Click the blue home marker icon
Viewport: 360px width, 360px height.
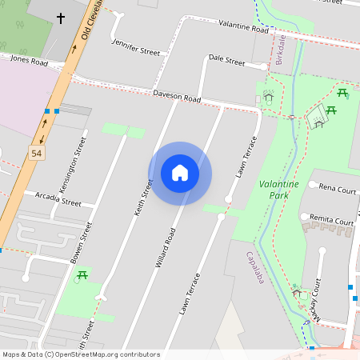180,173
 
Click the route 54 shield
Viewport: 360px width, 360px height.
36,153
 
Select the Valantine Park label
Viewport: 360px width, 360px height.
278,190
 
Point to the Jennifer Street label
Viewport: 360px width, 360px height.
135,46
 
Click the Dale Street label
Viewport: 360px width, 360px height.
226,59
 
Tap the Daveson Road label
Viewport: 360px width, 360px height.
177,97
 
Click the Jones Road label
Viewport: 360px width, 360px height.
29,60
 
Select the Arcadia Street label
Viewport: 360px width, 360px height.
58,199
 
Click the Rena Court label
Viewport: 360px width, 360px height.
337,190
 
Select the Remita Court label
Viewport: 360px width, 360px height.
332,222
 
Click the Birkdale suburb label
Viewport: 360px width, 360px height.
280,50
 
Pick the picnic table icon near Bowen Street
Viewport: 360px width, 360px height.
82,276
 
